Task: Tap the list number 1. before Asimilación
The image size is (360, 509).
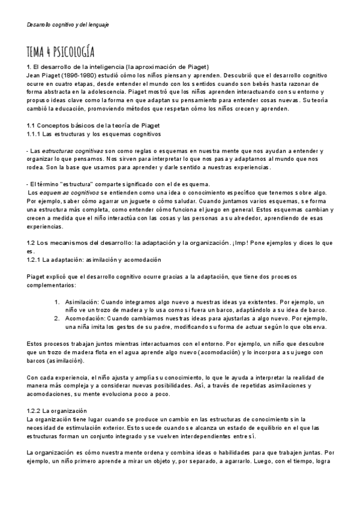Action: coord(57,301)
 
